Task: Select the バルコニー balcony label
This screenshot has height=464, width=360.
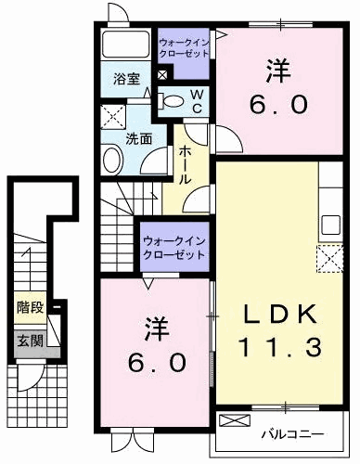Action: [297, 433]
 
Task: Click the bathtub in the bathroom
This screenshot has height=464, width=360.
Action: [123, 46]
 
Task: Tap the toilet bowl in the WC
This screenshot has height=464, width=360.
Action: [172, 102]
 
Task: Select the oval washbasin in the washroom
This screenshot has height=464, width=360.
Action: [112, 161]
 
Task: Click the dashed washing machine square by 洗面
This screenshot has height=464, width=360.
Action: [113, 117]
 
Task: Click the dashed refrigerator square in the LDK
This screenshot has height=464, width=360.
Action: [330, 259]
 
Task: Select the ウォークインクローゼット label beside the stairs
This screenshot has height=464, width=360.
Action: [173, 248]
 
